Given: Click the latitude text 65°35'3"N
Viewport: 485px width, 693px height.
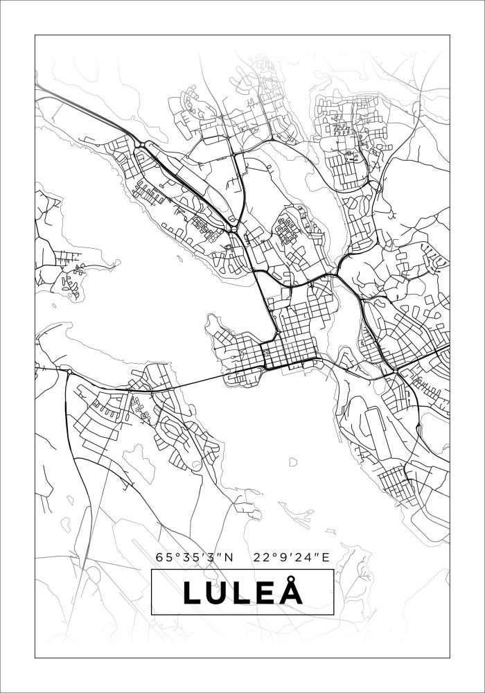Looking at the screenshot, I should (195, 556).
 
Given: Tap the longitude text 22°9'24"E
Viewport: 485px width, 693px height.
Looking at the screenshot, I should (291, 556).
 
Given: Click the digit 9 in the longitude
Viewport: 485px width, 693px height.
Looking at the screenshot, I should (283, 556).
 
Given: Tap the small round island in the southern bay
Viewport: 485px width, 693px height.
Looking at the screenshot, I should (292, 462).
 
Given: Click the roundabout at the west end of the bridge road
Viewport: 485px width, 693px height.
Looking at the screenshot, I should (69, 372).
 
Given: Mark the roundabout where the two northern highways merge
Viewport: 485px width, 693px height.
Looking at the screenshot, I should (234, 228).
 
